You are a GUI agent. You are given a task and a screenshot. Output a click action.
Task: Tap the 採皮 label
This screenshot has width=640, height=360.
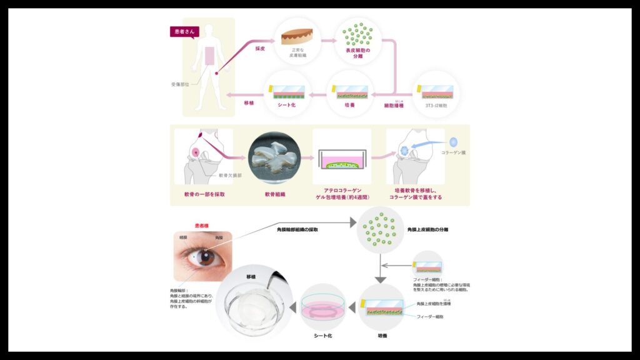[x=261, y=48]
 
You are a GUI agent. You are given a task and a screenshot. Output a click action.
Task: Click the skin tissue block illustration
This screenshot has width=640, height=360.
[x=297, y=36]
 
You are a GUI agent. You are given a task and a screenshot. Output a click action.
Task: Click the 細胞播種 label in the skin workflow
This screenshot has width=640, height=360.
[x=394, y=106]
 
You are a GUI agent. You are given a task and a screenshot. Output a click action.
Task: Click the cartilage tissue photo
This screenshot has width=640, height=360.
[x=274, y=156]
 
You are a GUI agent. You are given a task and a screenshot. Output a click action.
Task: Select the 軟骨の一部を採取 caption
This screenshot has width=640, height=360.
[x=204, y=194]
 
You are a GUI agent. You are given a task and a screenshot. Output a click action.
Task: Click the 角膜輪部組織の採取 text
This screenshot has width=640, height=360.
[x=297, y=229]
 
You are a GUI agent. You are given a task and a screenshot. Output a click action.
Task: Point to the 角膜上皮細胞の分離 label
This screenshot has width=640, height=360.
[x=427, y=229]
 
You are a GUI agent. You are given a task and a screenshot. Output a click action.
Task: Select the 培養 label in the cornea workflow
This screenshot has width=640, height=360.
[x=382, y=336]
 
